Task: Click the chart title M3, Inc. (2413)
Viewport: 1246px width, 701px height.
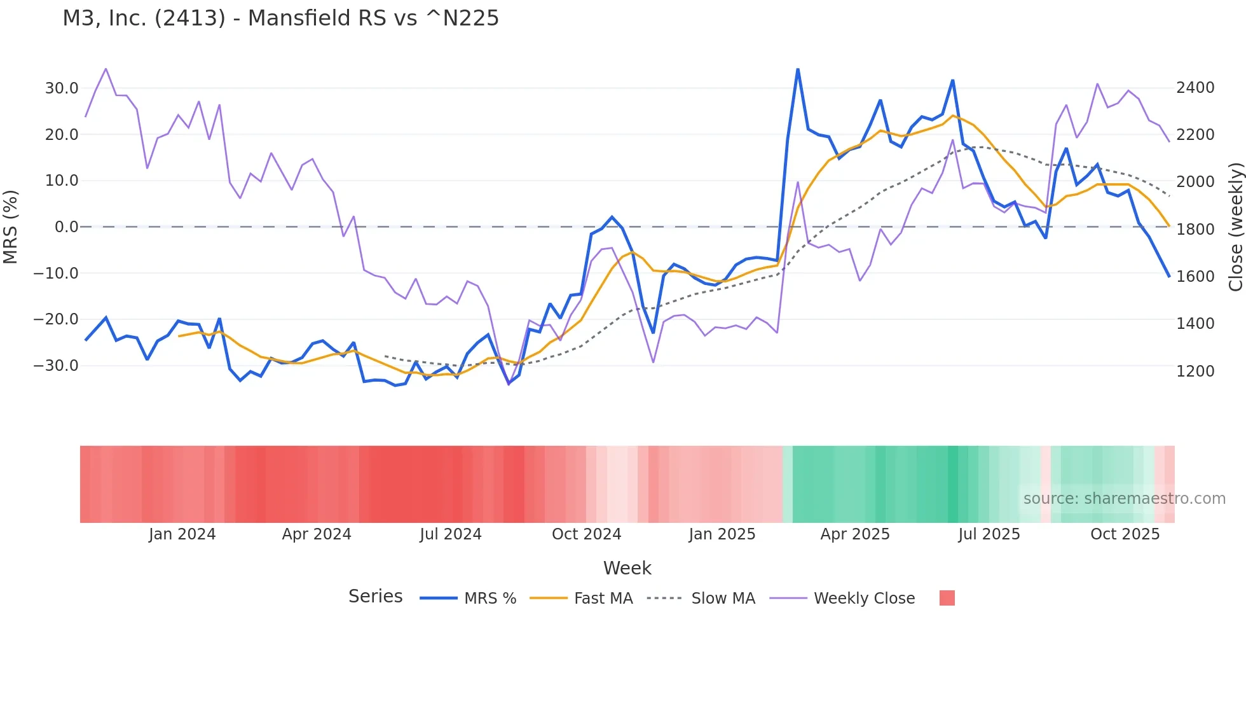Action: coord(280,18)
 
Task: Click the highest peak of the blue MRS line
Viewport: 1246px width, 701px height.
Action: coord(798,69)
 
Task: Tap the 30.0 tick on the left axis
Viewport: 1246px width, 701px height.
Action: coord(62,88)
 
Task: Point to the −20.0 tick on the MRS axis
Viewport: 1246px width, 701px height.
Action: coord(56,319)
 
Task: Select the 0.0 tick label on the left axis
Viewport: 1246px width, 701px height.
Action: coord(67,227)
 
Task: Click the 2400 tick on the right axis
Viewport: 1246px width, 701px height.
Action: coord(1195,88)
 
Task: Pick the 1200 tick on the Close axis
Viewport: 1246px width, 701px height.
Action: coord(1195,371)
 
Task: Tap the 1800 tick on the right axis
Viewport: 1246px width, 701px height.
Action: coord(1195,230)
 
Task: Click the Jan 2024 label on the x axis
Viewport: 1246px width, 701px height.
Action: coord(182,534)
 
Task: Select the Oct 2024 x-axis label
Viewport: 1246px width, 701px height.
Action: coord(586,534)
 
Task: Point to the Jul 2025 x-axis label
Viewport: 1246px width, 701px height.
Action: coord(989,534)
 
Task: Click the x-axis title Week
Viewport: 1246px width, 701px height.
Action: coord(627,568)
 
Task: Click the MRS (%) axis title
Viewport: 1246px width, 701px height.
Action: coord(11,227)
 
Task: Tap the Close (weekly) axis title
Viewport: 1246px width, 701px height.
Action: coord(1235,227)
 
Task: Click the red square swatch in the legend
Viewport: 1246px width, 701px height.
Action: coord(947,598)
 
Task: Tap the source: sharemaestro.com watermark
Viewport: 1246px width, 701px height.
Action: coord(1124,499)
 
